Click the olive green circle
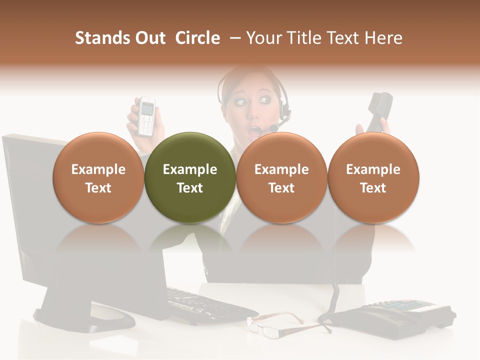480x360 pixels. coord(189,177)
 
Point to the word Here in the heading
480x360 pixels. coord(384,38)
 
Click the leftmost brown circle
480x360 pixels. coord(98,177)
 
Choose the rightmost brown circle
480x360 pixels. coord(373,177)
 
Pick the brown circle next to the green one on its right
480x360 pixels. coord(281,177)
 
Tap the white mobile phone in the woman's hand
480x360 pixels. coord(146,115)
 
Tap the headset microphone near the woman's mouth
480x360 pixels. coord(274,128)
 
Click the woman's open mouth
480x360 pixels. coord(255,132)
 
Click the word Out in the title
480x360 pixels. coord(149,38)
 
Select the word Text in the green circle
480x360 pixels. coord(189,188)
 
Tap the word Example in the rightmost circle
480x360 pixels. coord(373,169)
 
